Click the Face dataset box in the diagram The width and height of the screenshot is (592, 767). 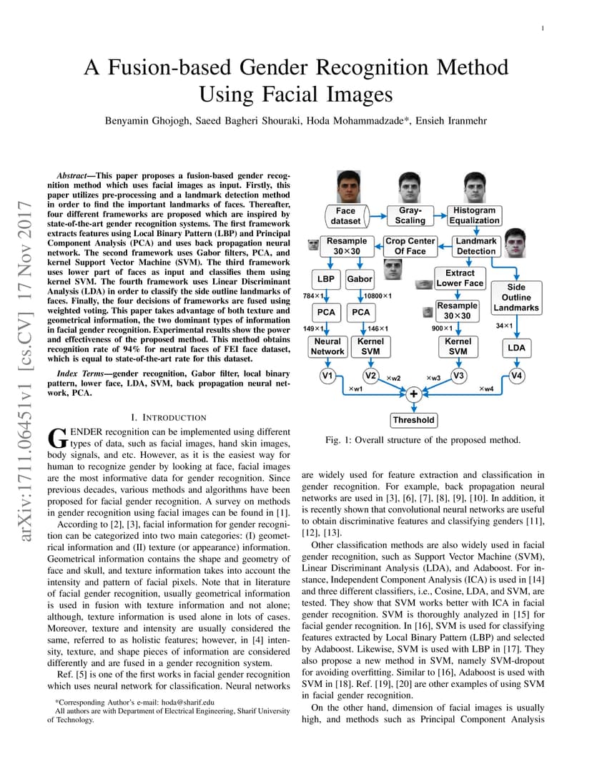[345, 216]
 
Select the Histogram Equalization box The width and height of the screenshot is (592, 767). [474, 216]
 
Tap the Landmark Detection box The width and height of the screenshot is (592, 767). [475, 246]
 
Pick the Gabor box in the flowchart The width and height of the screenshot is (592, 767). [360, 279]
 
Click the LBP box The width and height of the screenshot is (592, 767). [325, 279]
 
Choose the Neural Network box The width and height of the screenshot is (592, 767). [327, 346]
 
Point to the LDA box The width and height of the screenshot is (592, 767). [516, 348]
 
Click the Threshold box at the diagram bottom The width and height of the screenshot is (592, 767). [413, 420]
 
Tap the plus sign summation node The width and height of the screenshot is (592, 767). [413, 394]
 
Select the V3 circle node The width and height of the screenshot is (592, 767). [458, 376]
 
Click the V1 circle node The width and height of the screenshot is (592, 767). [327, 376]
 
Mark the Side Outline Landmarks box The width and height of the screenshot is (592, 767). [516, 298]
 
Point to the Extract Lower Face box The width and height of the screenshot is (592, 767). [460, 278]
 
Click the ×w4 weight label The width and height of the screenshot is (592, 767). [486, 389]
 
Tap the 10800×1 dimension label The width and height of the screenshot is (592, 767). [378, 296]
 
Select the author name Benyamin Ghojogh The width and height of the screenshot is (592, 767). [147, 121]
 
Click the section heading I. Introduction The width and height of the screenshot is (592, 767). [169, 417]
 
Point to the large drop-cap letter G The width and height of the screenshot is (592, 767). [58, 438]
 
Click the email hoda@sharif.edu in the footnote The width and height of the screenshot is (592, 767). [188, 702]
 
